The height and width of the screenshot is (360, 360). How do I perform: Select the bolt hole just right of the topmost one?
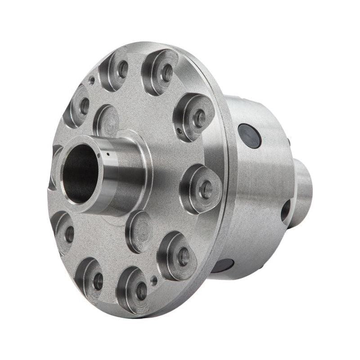tap(166, 72)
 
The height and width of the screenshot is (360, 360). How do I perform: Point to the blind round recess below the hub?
tap(139, 231)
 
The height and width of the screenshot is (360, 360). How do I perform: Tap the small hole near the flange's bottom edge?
tap(154, 280)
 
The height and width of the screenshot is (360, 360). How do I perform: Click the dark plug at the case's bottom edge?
tap(223, 265)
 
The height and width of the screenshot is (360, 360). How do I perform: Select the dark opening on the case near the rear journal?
tap(285, 210)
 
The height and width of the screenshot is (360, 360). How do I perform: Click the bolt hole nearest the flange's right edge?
tap(206, 189)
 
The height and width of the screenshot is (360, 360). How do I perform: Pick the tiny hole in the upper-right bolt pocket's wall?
tap(180, 131)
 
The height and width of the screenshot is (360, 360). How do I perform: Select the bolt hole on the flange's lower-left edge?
tap(69, 234)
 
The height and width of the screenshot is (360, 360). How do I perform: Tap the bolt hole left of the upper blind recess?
tap(84, 106)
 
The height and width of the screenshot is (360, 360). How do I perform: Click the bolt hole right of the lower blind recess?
tap(183, 257)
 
